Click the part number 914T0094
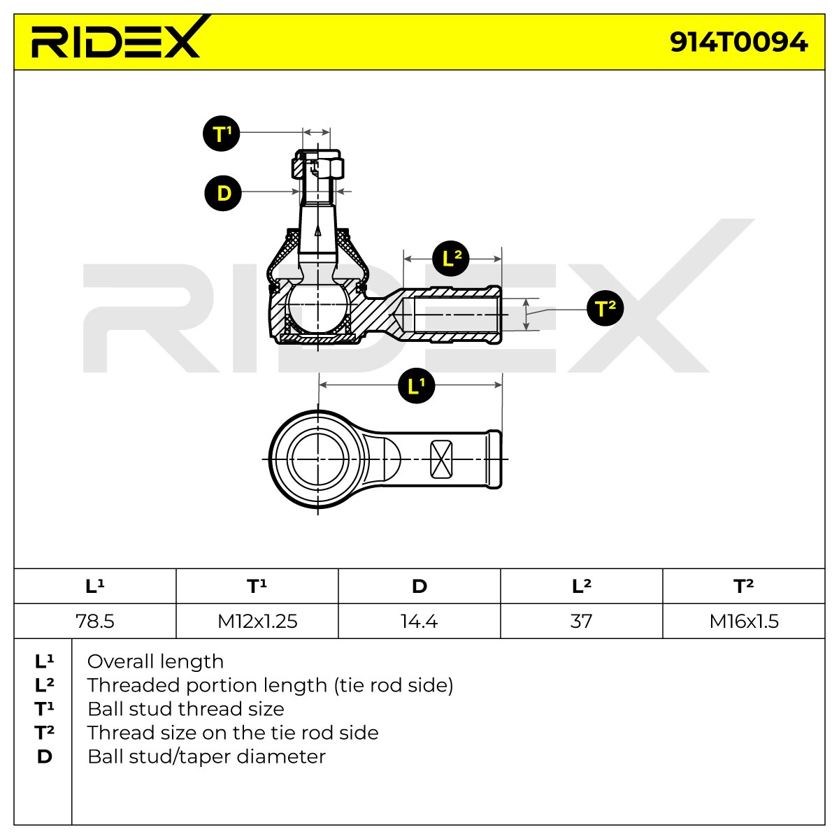(738, 43)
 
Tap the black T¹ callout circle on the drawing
(222, 134)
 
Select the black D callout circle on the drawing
(223, 193)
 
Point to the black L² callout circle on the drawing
(451, 259)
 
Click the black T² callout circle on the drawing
(605, 308)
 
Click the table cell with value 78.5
(95, 621)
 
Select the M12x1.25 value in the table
(257, 621)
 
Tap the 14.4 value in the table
(419, 621)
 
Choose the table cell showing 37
(581, 621)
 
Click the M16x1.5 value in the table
(744, 621)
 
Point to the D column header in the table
(419, 586)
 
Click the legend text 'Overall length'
(155, 662)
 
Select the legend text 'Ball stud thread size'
(186, 709)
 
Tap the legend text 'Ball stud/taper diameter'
(206, 756)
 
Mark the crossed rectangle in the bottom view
(441, 459)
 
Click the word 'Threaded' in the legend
(133, 685)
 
